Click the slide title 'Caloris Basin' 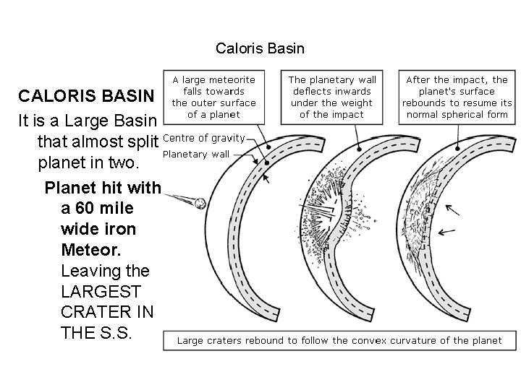click(x=260, y=49)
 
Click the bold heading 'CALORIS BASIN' click(x=86, y=96)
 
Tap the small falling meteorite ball click(x=202, y=204)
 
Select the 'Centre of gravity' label click(x=204, y=137)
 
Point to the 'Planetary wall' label click(x=196, y=154)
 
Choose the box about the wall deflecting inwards click(x=332, y=97)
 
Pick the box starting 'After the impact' click(x=457, y=97)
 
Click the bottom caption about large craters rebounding click(x=339, y=340)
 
